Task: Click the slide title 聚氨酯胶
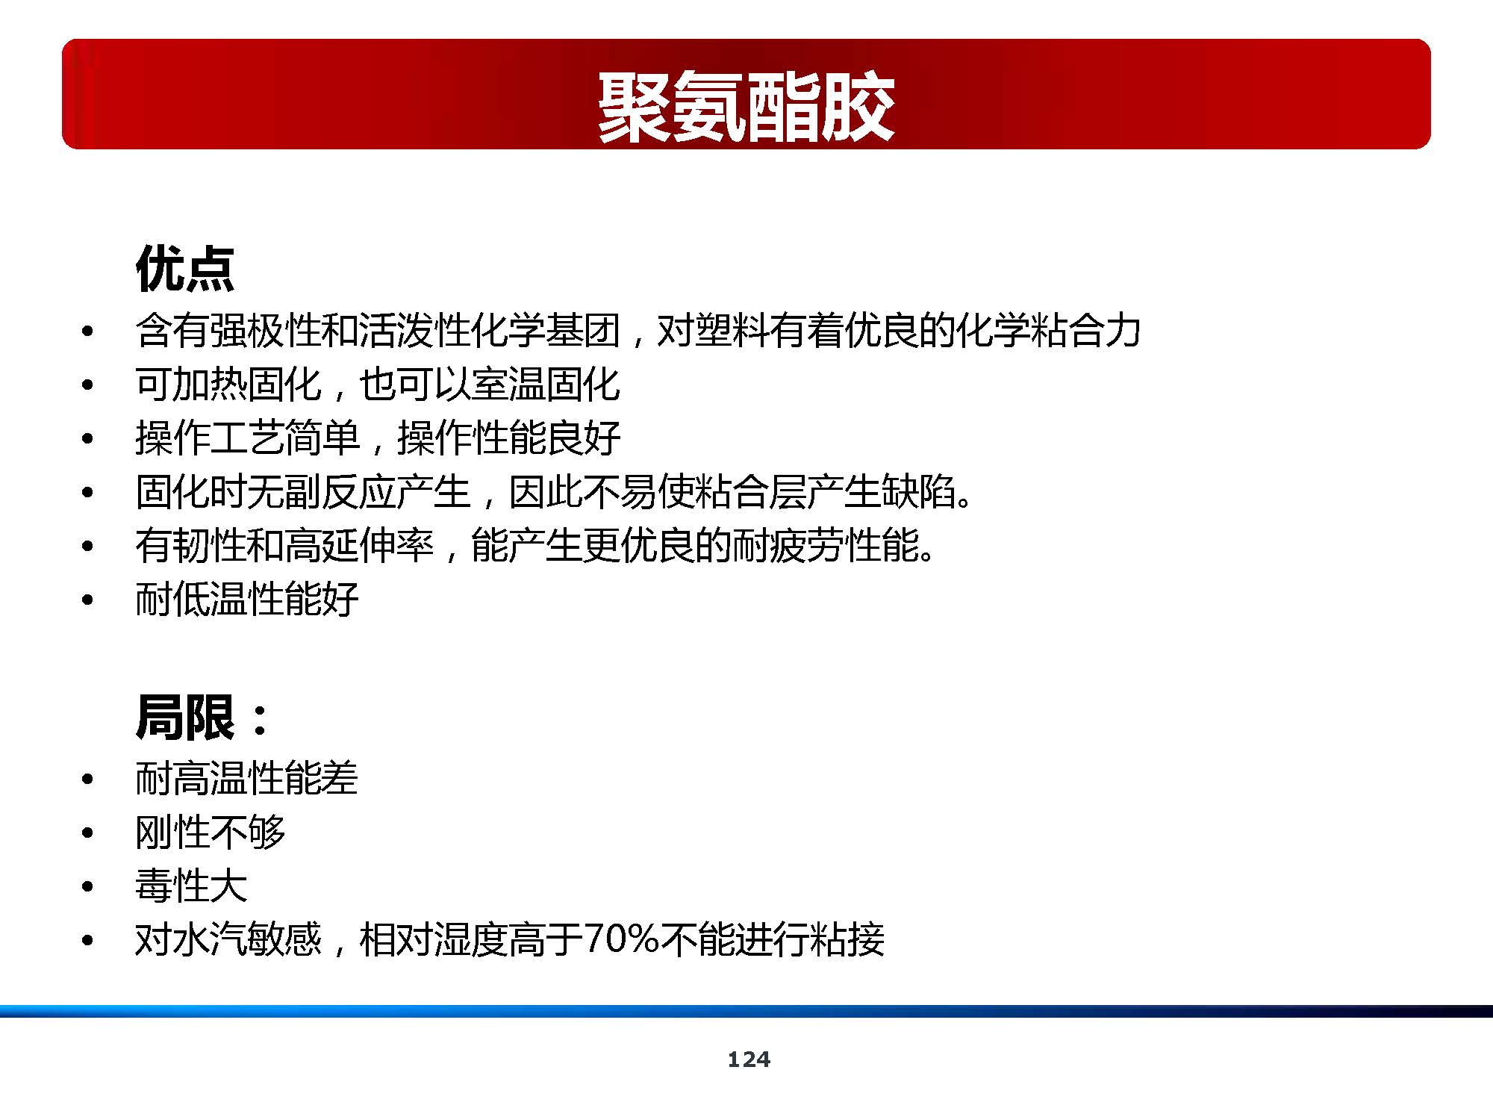tap(746, 107)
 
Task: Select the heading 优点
tap(185, 268)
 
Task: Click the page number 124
tap(749, 1059)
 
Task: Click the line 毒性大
tap(191, 886)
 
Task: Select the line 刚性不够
tap(210, 832)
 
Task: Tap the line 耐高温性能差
tap(246, 778)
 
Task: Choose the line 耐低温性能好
tap(247, 599)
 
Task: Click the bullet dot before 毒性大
tap(88, 887)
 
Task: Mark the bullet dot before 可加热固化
tap(88, 385)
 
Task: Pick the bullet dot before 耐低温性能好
tap(88, 600)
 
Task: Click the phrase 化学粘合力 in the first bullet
tap(1048, 330)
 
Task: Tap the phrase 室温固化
tap(546, 384)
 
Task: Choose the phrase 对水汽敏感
tap(228, 939)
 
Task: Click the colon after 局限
tap(260, 719)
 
